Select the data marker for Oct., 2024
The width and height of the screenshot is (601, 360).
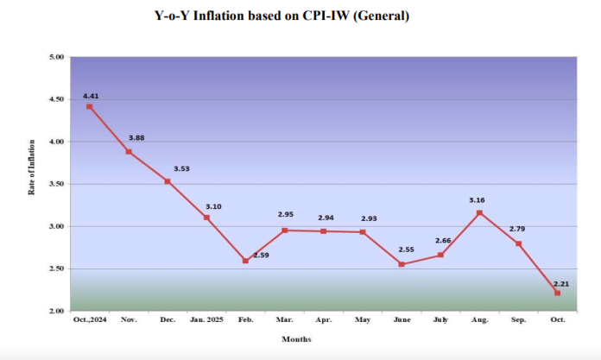point(89,106)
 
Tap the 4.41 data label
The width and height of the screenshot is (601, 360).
point(91,95)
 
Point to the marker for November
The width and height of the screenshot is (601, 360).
point(128,151)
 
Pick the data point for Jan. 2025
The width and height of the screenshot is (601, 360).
point(206,218)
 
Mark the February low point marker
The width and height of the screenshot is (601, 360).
point(245,261)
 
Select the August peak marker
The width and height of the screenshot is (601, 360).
point(479,212)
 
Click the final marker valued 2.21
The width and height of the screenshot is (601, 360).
point(557,293)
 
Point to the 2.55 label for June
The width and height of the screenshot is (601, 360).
point(406,250)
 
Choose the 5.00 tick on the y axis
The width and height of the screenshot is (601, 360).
point(57,57)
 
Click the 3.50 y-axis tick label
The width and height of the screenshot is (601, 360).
point(57,184)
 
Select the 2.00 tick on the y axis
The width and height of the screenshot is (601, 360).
point(57,311)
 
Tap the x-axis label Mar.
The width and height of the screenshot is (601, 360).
point(284,320)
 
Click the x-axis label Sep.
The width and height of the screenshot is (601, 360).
point(518,320)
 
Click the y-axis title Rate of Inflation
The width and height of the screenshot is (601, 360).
point(31,167)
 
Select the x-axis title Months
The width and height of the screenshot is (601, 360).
point(296,339)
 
